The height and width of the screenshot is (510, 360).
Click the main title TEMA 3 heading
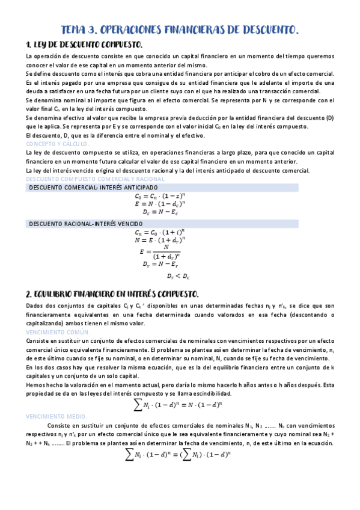180,29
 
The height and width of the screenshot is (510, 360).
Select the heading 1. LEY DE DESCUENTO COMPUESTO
84,45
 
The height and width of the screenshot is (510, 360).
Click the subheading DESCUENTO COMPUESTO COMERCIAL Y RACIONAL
88,179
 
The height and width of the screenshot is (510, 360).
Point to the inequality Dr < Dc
178,277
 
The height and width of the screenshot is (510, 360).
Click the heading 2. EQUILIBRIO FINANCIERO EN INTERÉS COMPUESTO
112,294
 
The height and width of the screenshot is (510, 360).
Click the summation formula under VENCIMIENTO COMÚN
180,406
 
